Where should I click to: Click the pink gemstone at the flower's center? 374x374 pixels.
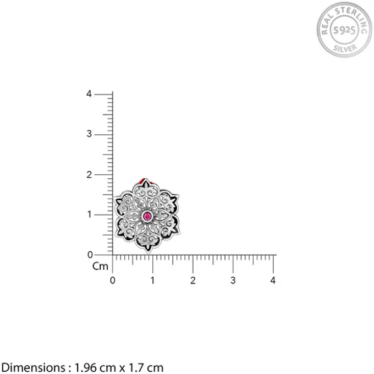[147, 217]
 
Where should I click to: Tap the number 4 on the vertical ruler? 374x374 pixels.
[89, 94]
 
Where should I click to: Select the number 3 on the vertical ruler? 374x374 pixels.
[89, 134]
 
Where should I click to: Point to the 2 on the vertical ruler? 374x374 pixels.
[89, 175]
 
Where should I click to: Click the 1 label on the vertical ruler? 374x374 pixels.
[90, 215]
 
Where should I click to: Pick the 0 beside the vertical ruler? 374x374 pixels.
[90, 255]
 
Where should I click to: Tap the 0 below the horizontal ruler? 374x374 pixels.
[113, 280]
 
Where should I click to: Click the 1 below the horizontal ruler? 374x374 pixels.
[153, 280]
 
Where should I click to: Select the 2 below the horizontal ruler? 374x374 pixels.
[193, 280]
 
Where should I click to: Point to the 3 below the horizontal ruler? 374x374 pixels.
[233, 280]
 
